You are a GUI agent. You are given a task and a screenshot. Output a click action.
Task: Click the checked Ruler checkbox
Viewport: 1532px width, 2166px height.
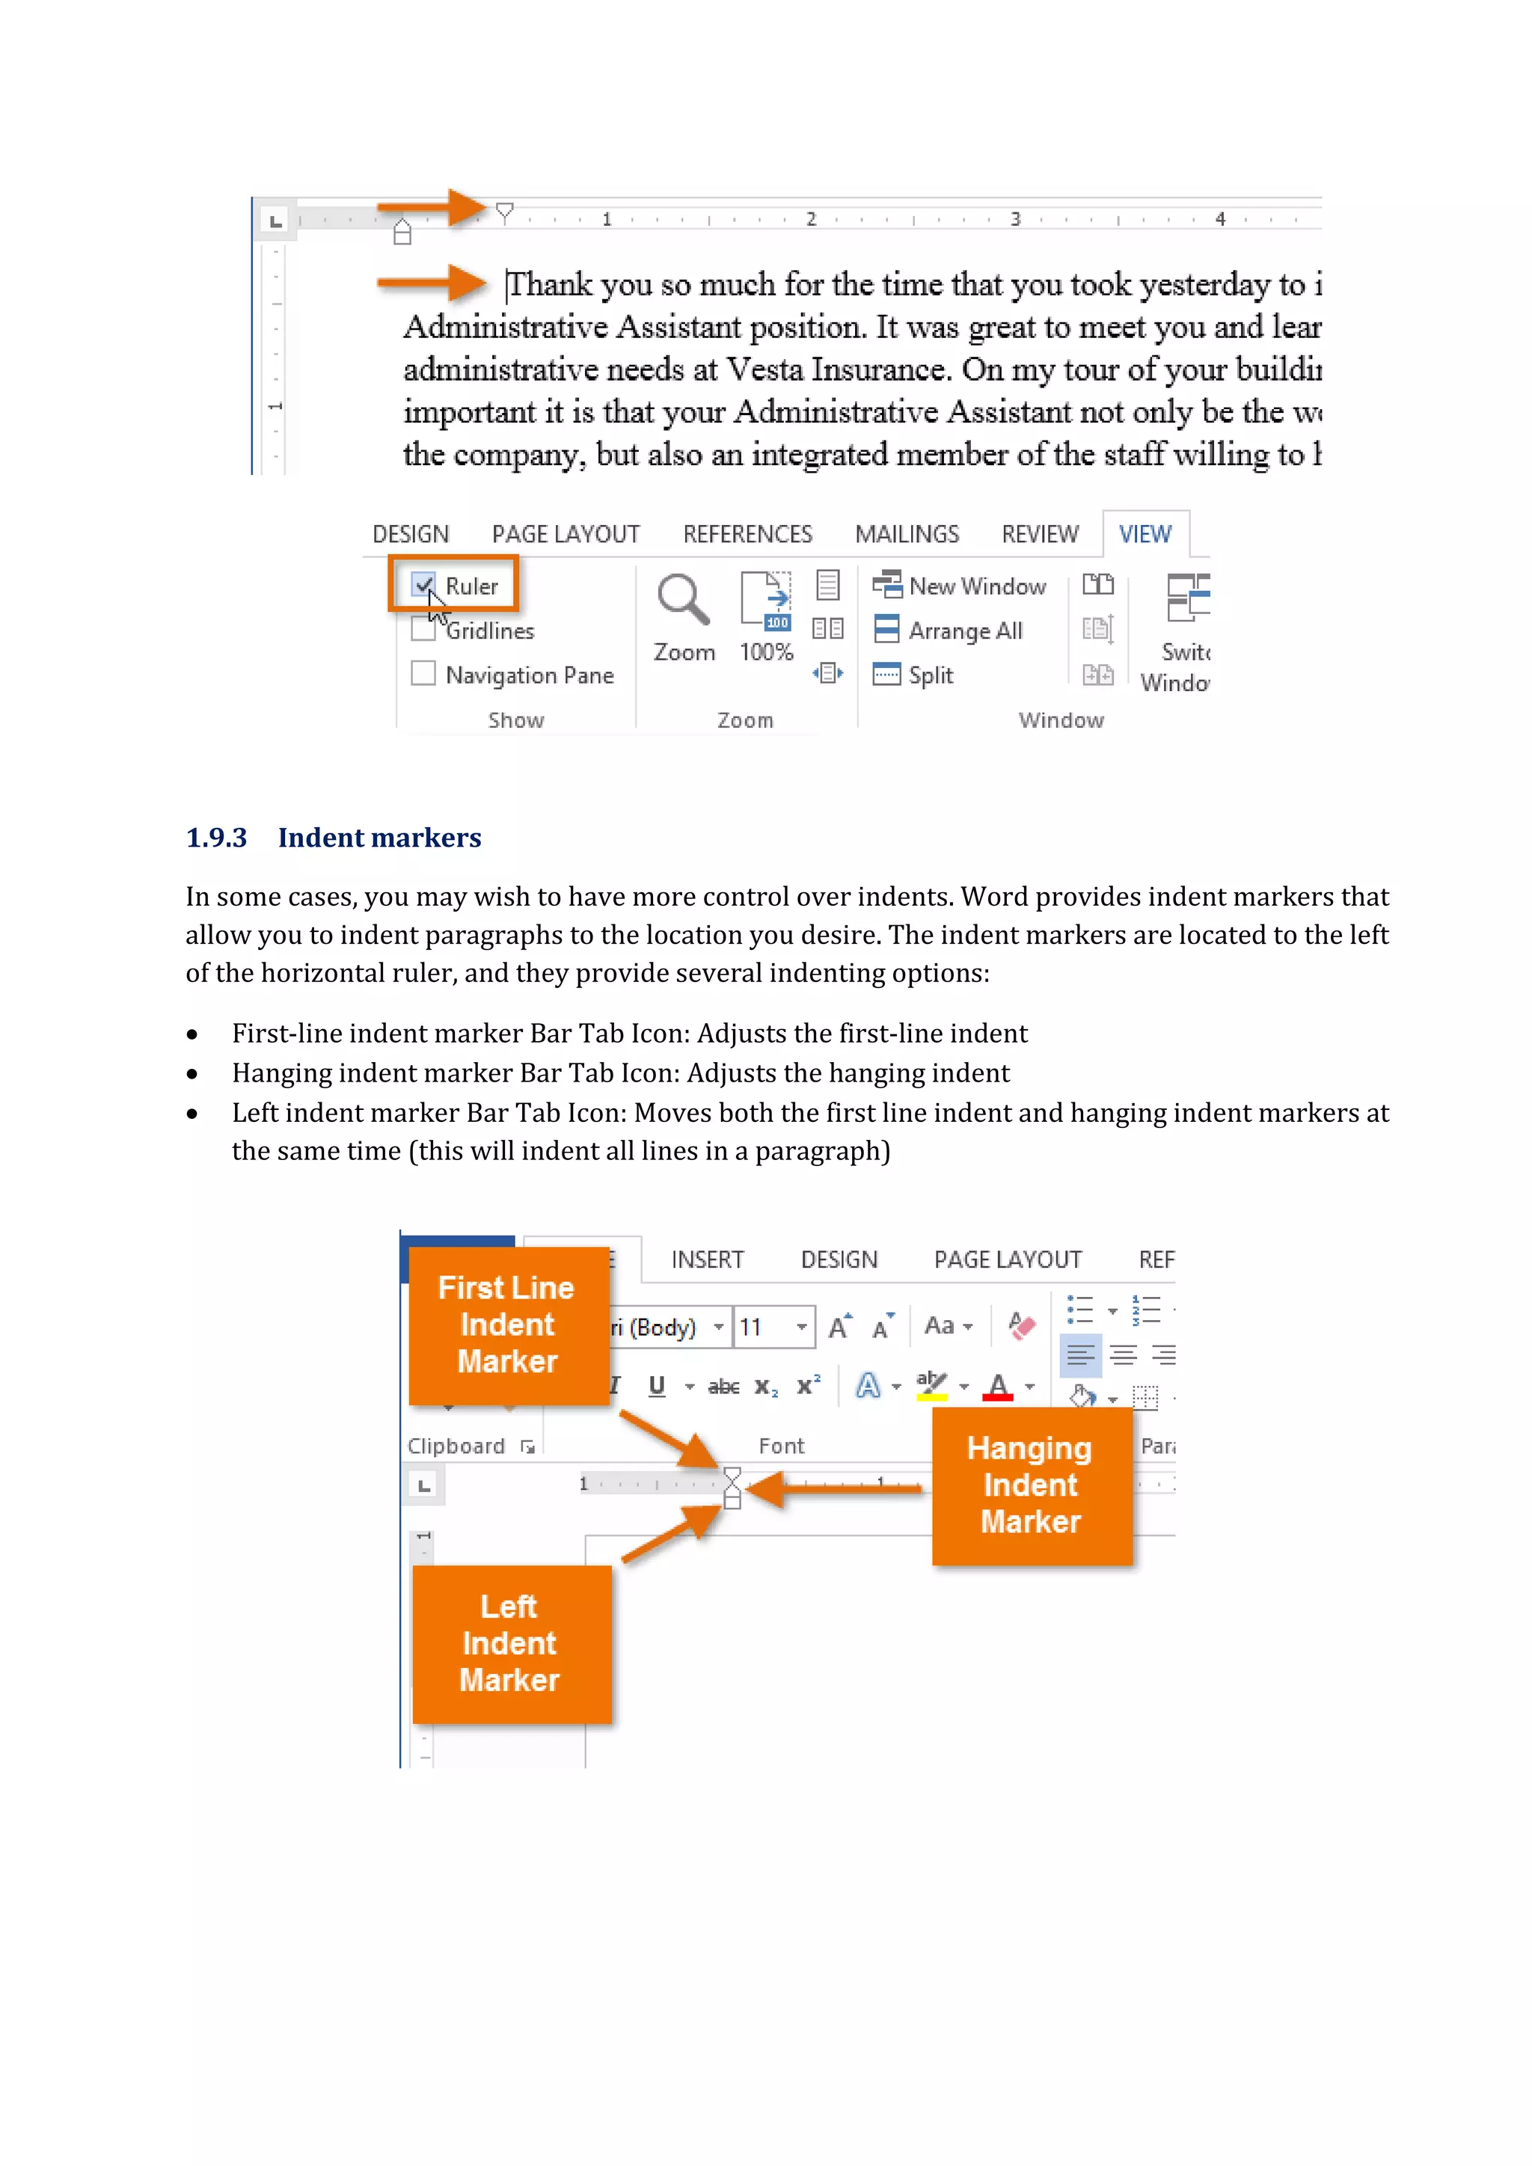[x=423, y=585]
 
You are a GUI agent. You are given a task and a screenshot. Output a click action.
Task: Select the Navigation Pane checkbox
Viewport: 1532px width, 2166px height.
[x=423, y=674]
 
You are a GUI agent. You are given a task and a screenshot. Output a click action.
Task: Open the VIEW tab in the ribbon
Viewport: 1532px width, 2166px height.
[x=1145, y=534]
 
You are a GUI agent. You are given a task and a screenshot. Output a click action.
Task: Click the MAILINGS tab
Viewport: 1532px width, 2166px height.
[x=907, y=534]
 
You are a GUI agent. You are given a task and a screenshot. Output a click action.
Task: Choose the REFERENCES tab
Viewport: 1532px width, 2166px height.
[x=747, y=534]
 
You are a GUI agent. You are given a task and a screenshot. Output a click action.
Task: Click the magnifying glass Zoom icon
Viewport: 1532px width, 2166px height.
[x=683, y=600]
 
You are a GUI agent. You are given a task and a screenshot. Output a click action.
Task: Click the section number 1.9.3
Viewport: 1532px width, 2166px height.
[x=216, y=838]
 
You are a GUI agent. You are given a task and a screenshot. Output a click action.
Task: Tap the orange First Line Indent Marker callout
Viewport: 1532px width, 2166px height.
[x=507, y=1325]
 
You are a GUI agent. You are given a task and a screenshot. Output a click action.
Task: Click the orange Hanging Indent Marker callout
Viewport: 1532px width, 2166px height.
[x=1031, y=1485]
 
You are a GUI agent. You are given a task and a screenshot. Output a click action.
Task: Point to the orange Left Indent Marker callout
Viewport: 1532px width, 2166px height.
[x=510, y=1643]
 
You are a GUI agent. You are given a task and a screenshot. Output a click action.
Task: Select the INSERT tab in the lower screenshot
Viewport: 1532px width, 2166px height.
[x=707, y=1260]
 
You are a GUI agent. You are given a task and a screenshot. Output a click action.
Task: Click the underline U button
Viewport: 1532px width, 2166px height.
[x=657, y=1386]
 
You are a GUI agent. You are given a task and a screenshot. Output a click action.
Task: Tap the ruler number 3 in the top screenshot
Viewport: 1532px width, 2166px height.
[x=1015, y=219]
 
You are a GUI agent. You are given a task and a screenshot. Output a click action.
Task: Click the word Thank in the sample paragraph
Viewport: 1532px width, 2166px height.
[x=550, y=284]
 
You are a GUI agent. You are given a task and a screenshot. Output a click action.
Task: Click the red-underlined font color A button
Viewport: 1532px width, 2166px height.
[x=997, y=1386]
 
